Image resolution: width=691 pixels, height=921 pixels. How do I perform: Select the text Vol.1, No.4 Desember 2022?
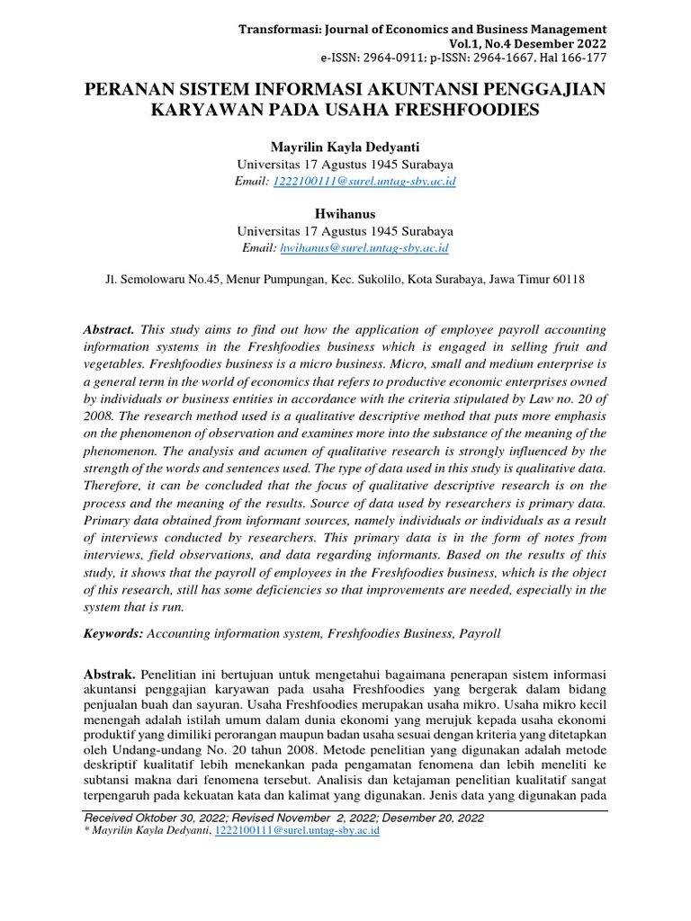527,43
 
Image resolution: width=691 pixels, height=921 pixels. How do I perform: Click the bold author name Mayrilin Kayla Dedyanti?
345,147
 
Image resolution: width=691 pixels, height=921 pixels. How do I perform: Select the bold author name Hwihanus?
345,214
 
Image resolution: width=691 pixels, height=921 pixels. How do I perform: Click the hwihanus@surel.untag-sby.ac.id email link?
364,247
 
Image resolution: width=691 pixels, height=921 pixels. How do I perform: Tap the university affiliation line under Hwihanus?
345,231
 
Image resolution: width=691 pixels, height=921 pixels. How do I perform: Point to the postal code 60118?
568,280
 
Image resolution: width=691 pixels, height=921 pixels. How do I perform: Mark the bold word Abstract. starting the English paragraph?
109,330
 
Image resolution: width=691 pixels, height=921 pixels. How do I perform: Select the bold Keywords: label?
113,633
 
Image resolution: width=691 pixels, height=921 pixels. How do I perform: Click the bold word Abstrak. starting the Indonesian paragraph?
110,675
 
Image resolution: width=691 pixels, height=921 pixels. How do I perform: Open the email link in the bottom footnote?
296,831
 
